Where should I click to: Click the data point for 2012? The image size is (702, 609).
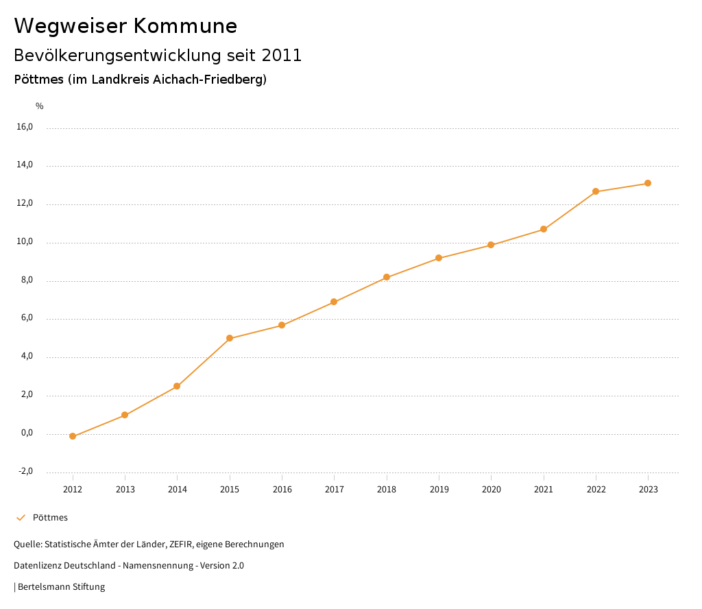coord(73,436)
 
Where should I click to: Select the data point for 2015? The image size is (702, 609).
coord(230,338)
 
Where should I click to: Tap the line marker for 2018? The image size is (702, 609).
coord(387,277)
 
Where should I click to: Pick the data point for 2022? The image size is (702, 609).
coord(596,191)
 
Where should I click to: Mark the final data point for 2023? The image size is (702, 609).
coord(648,183)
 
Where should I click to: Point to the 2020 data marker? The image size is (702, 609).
coord(491,245)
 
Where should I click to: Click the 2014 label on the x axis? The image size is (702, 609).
coord(178,490)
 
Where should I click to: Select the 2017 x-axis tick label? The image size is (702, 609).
coord(335,490)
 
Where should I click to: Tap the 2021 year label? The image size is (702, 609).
coord(544,490)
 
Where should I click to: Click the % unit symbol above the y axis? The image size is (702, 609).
coord(40,106)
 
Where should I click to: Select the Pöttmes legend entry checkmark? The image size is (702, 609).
coord(21,518)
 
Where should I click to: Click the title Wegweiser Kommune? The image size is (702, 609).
coord(125,26)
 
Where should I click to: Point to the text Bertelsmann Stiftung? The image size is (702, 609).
coord(61,587)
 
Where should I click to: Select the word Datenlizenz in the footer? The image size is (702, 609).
coord(37,566)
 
